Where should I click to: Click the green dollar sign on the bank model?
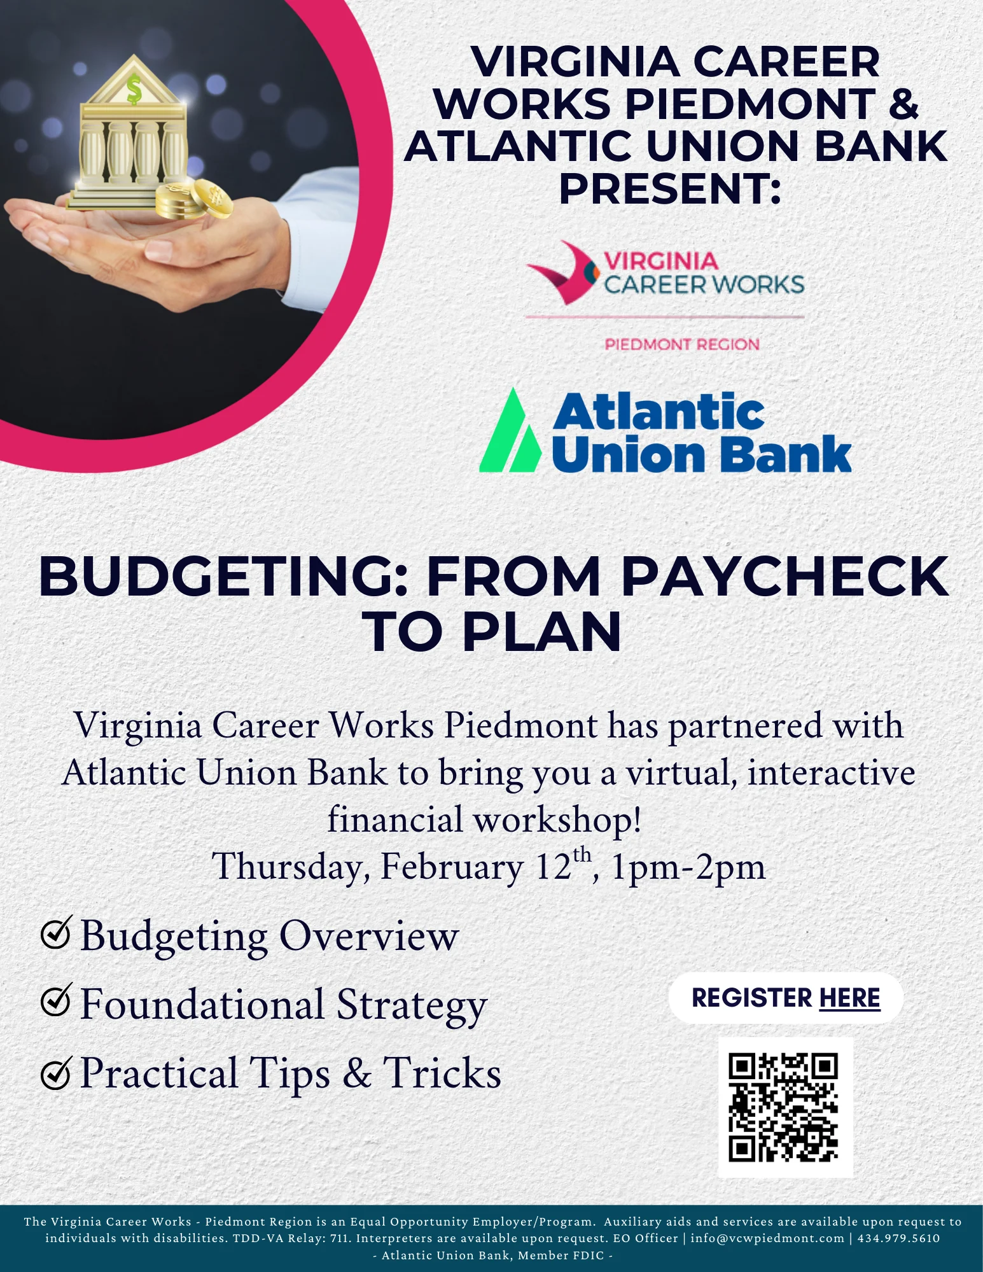[134, 89]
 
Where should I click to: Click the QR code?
[783, 1108]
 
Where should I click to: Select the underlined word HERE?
[849, 998]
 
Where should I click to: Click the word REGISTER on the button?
[752, 997]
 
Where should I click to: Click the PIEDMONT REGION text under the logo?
[682, 344]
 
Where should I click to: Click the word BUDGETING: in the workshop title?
[223, 577]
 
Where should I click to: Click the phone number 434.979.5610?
[898, 1238]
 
